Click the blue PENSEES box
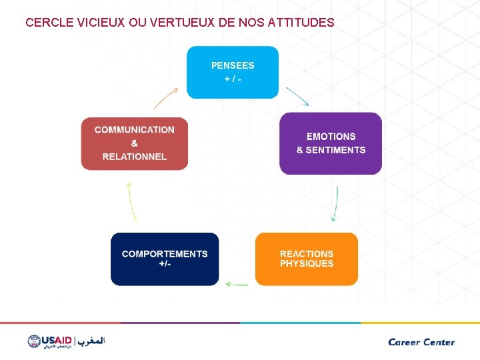(x=232, y=72)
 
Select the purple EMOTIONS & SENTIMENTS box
(x=331, y=143)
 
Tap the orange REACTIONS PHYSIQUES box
(x=307, y=259)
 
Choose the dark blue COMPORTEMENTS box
(x=165, y=259)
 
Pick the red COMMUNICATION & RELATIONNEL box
(x=135, y=143)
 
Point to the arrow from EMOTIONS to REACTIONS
(x=335, y=203)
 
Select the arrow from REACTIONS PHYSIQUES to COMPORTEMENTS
(x=237, y=284)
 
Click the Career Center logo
(x=421, y=342)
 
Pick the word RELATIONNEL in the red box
(x=135, y=157)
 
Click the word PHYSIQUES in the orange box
(x=307, y=264)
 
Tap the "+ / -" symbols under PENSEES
(x=233, y=79)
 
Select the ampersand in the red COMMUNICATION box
(x=135, y=143)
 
